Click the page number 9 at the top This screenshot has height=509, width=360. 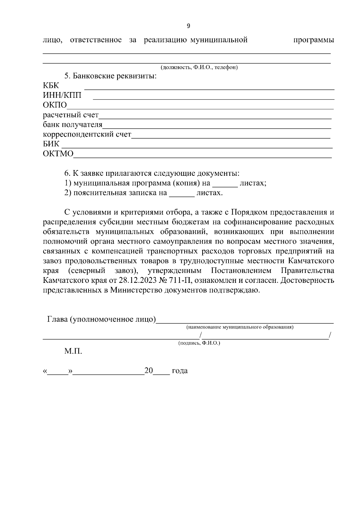click(x=188, y=26)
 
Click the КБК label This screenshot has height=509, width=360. click(x=51, y=86)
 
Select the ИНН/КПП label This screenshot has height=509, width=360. click(x=62, y=96)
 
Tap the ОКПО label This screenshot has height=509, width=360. click(x=55, y=105)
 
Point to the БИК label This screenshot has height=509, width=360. click(x=51, y=144)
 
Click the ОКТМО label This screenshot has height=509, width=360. click(x=58, y=154)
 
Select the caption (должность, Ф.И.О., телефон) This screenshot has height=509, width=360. click(x=199, y=67)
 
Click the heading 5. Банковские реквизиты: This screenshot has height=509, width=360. click(x=110, y=76)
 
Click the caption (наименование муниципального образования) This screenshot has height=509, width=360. click(x=240, y=327)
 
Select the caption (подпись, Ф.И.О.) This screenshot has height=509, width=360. click(x=199, y=343)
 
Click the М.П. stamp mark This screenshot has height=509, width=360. click(x=73, y=351)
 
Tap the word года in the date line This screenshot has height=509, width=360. click(x=180, y=371)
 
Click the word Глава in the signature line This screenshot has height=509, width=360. click(x=58, y=319)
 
